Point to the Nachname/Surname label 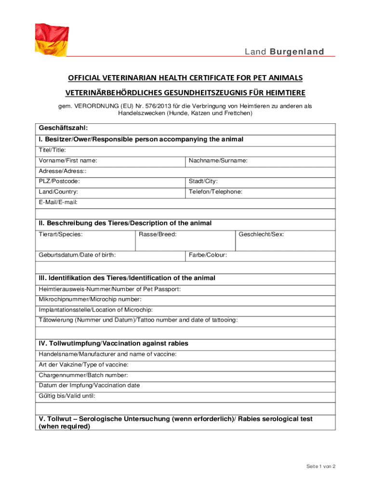(218, 160)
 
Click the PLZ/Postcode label (59, 182)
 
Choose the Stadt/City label (203, 182)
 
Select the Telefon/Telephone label (215, 192)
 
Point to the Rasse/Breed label (157, 234)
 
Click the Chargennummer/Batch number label (83, 375)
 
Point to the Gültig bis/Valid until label (67, 396)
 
